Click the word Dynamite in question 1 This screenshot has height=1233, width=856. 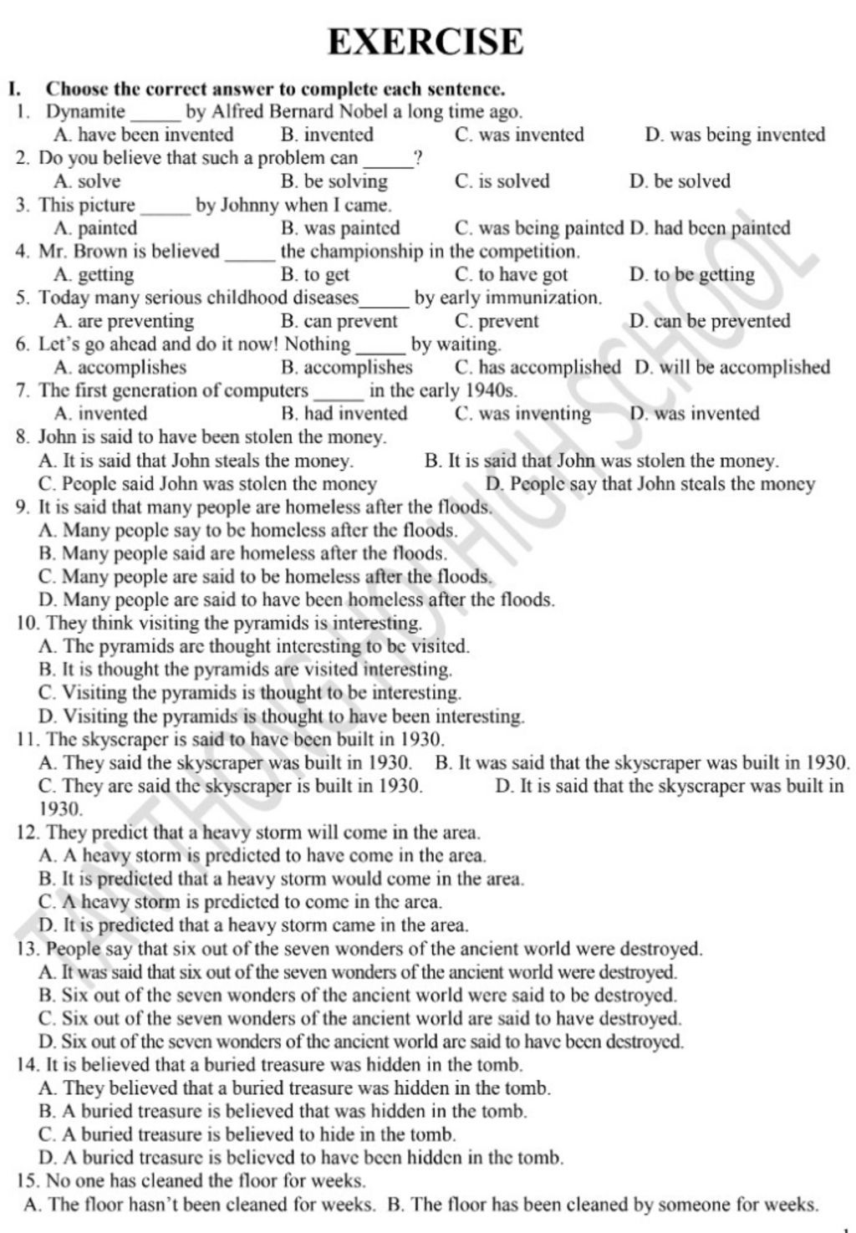[x=85, y=111]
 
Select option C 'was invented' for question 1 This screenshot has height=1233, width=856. [x=519, y=135]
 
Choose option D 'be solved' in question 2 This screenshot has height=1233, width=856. [x=680, y=181]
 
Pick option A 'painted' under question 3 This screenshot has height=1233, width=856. [x=95, y=228]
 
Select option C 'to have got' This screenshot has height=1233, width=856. [x=511, y=275]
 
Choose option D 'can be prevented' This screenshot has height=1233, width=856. [x=709, y=321]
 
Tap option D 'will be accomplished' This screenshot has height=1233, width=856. [x=732, y=367]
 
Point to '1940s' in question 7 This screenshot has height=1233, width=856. [x=493, y=390]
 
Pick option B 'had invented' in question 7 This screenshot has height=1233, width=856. [x=344, y=414]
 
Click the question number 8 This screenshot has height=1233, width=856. [x=23, y=437]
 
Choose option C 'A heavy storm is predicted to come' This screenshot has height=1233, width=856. [x=241, y=902]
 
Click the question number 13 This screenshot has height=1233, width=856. [x=28, y=949]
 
